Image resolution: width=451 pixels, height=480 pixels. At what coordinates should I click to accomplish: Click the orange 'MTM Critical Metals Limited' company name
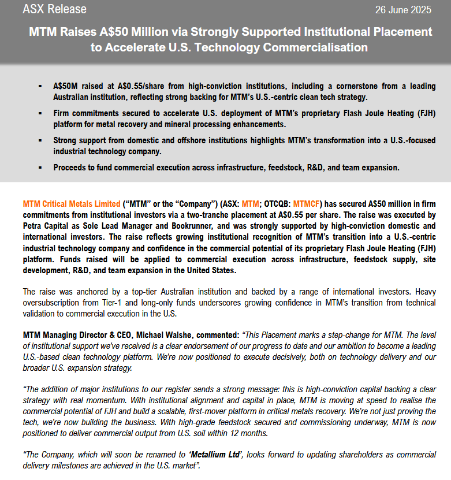pos(71,204)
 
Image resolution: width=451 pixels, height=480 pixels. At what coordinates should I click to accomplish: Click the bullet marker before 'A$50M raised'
pos(40,86)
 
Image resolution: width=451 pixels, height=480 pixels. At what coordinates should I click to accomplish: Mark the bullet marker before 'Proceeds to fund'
pos(40,168)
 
